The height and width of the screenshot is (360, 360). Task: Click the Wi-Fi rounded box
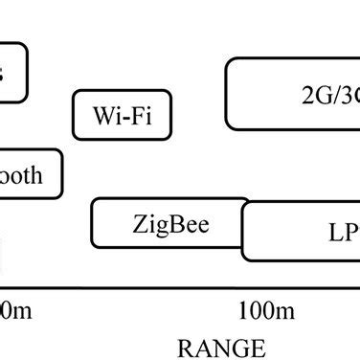point(122,115)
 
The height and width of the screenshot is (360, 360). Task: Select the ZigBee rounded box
point(169,223)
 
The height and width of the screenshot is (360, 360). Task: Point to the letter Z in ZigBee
point(139,226)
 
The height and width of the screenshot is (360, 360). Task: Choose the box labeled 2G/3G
point(293,94)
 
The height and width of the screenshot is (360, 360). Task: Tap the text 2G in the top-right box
point(312,96)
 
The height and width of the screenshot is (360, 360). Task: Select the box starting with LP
point(302,233)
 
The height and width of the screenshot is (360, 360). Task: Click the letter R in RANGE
point(185,347)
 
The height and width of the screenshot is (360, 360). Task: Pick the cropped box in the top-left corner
point(12,72)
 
